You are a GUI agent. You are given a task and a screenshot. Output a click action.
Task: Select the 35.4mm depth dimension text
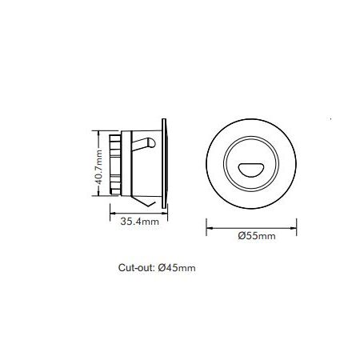(x=136, y=223)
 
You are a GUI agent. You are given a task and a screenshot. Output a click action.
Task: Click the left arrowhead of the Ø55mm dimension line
(x=209, y=228)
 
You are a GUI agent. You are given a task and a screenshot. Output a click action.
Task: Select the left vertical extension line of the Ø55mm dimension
(x=207, y=225)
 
